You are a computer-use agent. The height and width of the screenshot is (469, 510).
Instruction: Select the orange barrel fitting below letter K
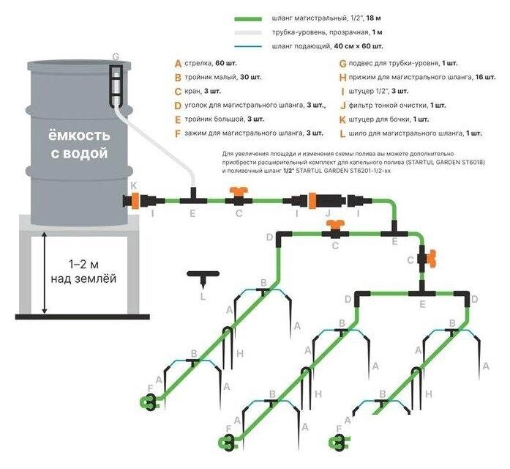point(133,199)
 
